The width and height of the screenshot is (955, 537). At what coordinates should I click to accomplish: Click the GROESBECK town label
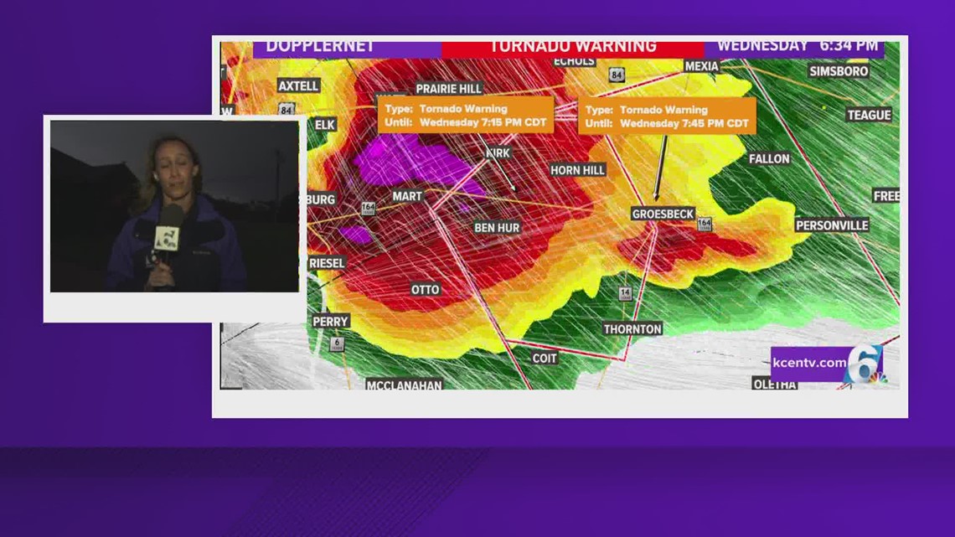pos(663,214)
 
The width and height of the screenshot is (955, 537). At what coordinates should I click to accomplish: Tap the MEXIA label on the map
pos(701,66)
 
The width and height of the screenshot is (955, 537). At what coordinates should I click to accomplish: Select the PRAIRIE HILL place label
pos(449,89)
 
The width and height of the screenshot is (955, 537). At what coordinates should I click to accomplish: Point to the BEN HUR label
pos(497,228)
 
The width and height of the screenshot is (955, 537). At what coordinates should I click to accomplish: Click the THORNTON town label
pos(632,329)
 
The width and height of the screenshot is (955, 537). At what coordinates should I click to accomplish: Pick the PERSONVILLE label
pos(832,225)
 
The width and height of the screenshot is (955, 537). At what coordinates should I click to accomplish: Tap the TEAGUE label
pos(869,115)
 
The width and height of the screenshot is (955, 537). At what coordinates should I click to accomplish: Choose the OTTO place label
pos(425,290)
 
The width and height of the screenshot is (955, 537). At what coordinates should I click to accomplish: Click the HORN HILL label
pos(577,170)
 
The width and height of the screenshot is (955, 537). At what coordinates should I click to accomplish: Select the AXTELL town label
pos(298,86)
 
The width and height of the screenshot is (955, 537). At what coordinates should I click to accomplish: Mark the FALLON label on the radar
pos(768,158)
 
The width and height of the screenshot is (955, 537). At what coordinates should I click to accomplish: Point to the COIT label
pos(545,359)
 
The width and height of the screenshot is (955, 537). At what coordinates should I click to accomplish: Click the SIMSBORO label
pos(839,71)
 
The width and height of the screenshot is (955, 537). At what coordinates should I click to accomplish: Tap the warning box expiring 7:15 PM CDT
pos(466,116)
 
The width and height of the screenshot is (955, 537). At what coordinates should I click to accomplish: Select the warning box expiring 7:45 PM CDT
pos(667,116)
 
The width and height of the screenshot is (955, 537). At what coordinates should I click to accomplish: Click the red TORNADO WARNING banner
pos(573,48)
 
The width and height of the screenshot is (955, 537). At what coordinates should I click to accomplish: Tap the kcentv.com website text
pos(809,363)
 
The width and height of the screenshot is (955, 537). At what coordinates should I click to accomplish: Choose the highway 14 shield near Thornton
pos(625,293)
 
